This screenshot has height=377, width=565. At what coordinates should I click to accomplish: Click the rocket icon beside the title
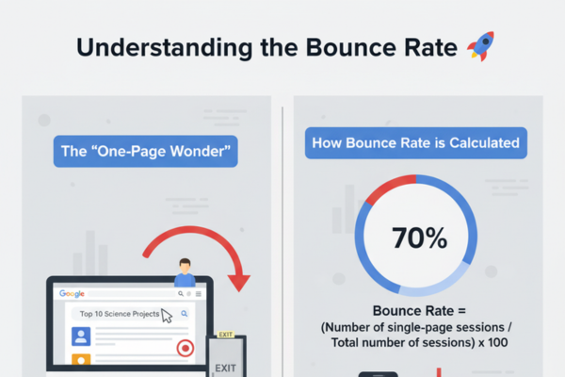pos(479,45)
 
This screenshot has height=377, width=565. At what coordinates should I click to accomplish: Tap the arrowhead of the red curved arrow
pos(239,281)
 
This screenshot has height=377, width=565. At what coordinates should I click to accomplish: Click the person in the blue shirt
pos(185,273)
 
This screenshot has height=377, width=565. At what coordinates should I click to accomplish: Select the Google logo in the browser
pos(73,293)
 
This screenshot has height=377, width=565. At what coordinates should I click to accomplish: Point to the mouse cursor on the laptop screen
pos(167,315)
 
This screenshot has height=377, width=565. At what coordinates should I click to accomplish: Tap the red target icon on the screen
pos(185,348)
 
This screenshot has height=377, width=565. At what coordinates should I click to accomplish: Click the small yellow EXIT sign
pos(224,334)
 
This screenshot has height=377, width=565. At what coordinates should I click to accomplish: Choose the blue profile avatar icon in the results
pos(80,335)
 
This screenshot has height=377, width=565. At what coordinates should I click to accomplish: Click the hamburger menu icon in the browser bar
pos(193,293)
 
